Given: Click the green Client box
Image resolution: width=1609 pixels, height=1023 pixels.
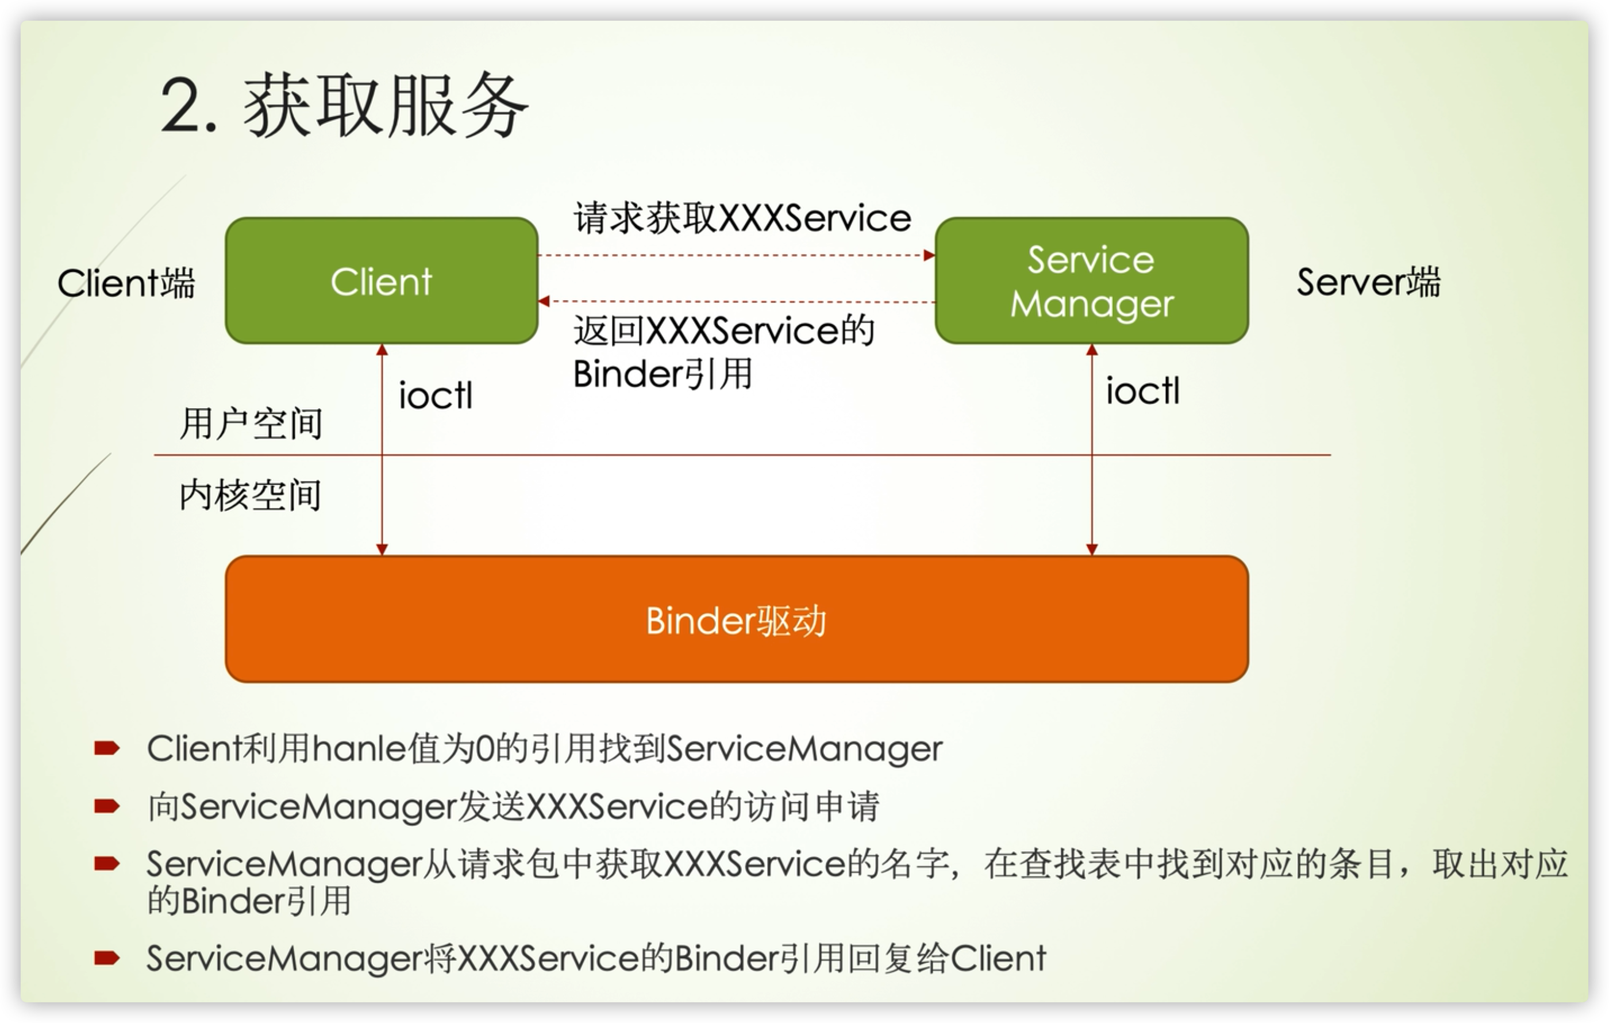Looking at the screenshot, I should point(381,280).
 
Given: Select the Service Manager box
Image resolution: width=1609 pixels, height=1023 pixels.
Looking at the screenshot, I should point(1091,280).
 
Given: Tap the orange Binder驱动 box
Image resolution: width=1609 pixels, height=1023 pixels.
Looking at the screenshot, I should point(736,620).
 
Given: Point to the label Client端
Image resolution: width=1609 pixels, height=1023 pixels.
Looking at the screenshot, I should point(126,283).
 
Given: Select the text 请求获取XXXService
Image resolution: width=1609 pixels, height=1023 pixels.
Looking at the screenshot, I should point(742,218).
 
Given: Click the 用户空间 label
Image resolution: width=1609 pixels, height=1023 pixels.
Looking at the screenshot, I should point(251,424).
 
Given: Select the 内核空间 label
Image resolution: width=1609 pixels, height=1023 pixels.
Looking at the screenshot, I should point(251,495).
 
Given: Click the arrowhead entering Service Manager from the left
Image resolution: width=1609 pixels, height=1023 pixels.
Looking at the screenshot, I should point(929,255).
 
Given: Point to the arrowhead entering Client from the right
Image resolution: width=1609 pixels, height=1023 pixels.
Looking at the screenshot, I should point(544,301).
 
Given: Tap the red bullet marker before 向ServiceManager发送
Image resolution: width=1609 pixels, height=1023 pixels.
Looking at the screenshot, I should point(106,806).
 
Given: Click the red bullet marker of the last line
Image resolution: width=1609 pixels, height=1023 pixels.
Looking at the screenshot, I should point(106,959).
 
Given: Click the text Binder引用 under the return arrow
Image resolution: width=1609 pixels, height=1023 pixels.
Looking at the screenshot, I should point(662,374).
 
